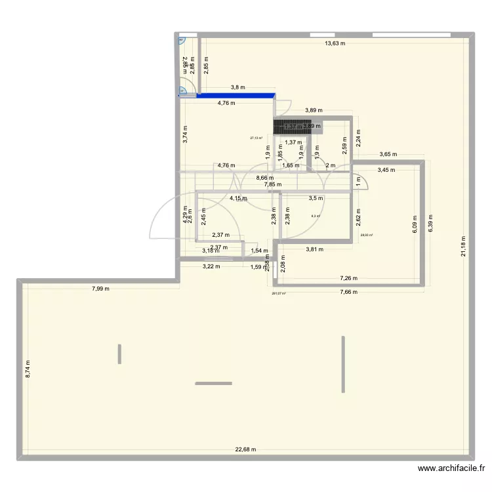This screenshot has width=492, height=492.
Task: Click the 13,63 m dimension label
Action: pos(335,44)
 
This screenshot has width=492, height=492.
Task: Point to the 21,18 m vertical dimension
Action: pos(463,247)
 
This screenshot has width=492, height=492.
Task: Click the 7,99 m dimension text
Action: pos(100,289)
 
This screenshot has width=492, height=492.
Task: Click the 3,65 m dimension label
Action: pos(388,155)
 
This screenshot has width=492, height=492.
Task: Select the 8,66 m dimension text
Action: pos(265,178)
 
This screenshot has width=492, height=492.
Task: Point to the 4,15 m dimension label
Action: pos(238,198)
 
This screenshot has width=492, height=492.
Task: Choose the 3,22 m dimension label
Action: pos(211,266)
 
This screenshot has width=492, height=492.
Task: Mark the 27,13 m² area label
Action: pos(256,138)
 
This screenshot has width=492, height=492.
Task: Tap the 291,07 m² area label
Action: pos(278,293)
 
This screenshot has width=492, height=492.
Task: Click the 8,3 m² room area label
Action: pos(315,216)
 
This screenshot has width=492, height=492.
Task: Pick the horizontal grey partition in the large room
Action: pos(213,383)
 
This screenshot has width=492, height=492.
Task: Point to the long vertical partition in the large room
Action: pos(343,364)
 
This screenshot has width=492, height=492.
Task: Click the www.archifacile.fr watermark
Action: pos(451,468)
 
